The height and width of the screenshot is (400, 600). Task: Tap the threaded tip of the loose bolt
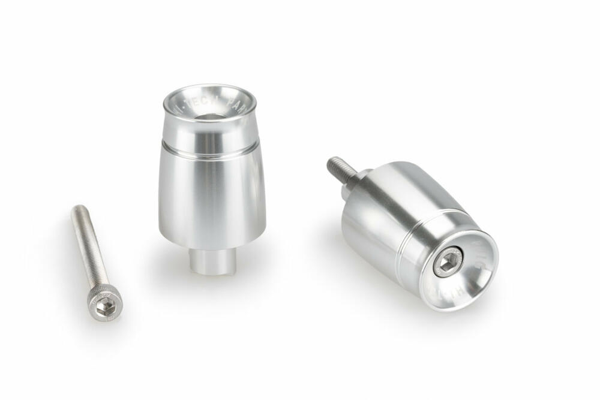(77, 210)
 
